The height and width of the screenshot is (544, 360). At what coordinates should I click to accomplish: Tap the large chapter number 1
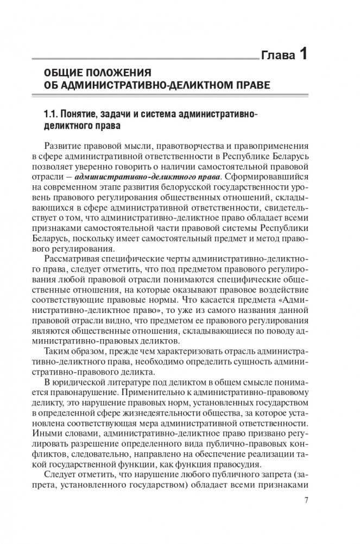coord(304,53)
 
